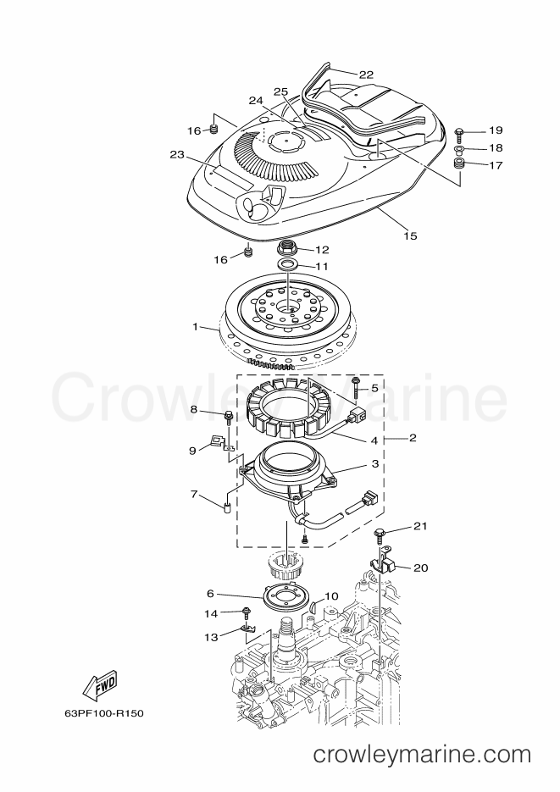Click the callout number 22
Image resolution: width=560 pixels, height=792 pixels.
[x=366, y=75]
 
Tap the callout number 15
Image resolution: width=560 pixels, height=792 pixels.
[x=411, y=235]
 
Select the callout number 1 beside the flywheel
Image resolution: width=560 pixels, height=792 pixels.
[x=196, y=327]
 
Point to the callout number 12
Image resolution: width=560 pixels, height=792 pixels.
[x=322, y=250]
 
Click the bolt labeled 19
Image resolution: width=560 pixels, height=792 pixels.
[x=459, y=133]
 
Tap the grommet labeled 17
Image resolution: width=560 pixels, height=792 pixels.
[x=459, y=163]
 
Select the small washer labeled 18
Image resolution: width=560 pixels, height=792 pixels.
[x=459, y=150]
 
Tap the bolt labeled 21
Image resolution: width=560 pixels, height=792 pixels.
[x=379, y=533]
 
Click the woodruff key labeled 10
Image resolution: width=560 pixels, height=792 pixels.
[x=313, y=604]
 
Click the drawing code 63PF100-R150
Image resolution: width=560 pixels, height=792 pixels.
[x=104, y=714]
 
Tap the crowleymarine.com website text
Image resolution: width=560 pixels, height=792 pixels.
[x=422, y=755]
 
